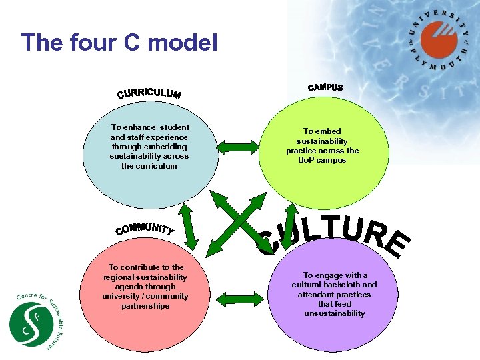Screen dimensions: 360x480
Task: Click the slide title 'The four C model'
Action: [x=120, y=43]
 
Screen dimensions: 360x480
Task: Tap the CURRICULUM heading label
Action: [x=149, y=93]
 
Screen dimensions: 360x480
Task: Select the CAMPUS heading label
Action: [x=325, y=87]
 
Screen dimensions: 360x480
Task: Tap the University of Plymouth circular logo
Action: [x=439, y=41]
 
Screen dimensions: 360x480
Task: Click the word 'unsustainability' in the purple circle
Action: [x=334, y=313]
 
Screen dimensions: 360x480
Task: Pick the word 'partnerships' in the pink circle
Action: [x=145, y=306]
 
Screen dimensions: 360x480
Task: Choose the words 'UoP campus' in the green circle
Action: [x=323, y=161]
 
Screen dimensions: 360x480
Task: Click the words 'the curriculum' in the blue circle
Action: [x=149, y=166]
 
